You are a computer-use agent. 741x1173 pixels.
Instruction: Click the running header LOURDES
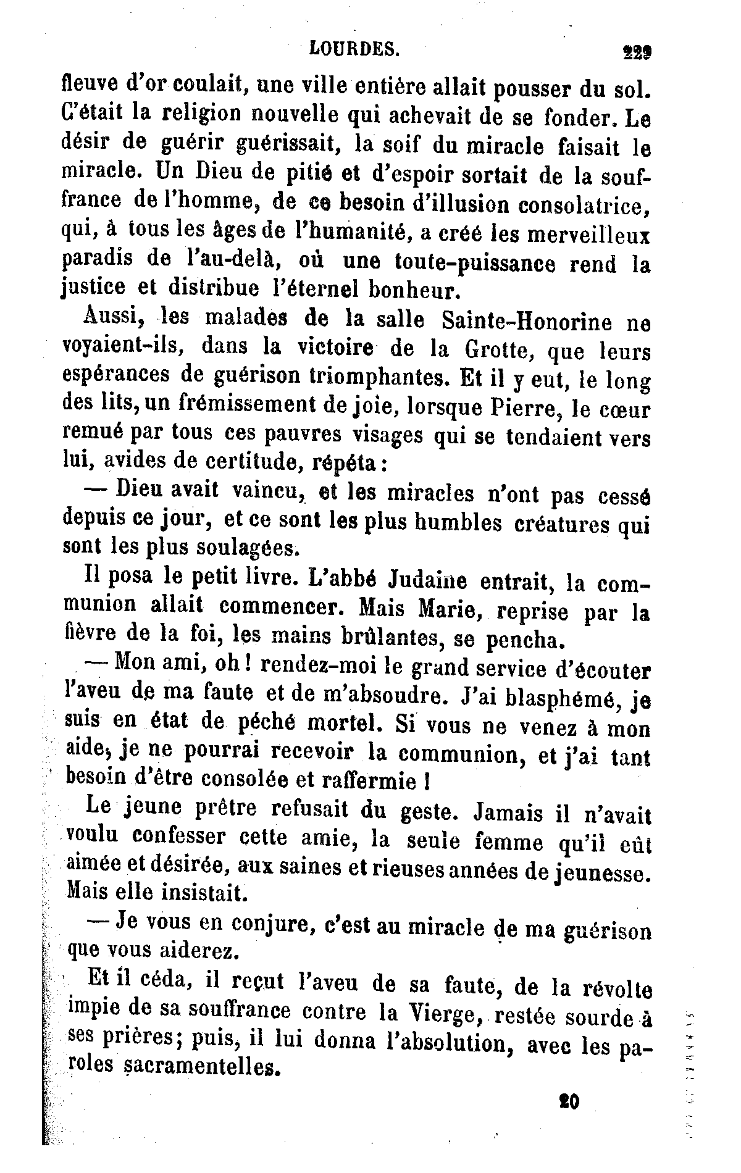pyautogui.click(x=353, y=49)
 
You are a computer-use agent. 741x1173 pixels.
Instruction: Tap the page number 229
pyautogui.click(x=637, y=52)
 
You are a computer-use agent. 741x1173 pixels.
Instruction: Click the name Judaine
pyautogui.click(x=428, y=580)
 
